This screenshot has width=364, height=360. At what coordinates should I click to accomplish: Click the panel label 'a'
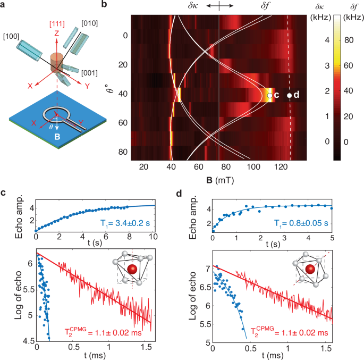click(x=4, y=5)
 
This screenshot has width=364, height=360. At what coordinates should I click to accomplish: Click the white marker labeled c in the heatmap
click(x=270, y=95)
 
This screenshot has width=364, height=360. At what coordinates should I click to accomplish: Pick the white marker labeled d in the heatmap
click(x=289, y=95)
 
